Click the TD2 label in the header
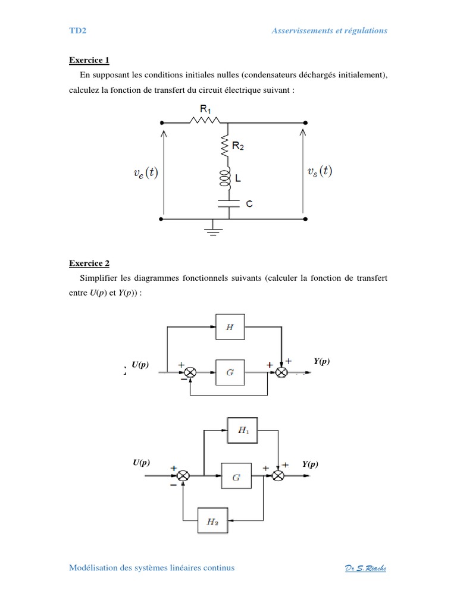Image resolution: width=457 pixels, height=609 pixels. point(78,31)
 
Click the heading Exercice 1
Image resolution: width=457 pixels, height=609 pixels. point(89,60)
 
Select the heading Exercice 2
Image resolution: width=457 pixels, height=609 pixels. point(89,263)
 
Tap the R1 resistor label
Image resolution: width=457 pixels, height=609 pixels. point(206,109)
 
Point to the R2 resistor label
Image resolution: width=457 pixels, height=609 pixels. point(238,146)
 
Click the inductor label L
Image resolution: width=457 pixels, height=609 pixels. point(238,178)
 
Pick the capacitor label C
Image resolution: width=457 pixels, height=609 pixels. point(249,204)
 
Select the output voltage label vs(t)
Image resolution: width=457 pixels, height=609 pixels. point(320,171)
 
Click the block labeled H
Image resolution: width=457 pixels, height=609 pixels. point(229,327)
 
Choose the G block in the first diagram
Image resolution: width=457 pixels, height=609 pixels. point(229,372)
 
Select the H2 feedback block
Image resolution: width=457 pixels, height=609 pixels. point(212,522)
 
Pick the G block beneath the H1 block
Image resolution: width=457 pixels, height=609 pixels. point(236,476)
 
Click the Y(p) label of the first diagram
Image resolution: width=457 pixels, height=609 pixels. point(321,362)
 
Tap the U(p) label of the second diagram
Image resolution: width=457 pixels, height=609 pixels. point(141,463)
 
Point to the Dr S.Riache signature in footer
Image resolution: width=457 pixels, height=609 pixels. point(366,568)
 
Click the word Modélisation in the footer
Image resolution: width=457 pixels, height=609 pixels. point(93,568)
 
